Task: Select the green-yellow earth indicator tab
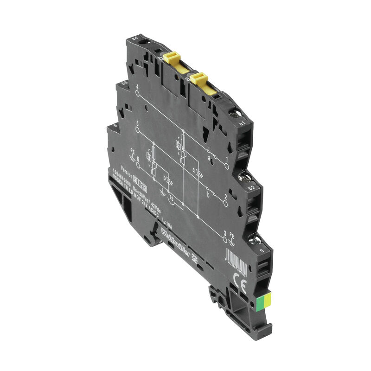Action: pyautogui.click(x=263, y=303)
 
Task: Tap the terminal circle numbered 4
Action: pyautogui.click(x=137, y=93)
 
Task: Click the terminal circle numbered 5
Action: pyautogui.click(x=138, y=130)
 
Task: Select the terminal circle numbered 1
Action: pyautogui.click(x=227, y=166)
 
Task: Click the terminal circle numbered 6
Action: pyautogui.click(x=138, y=166)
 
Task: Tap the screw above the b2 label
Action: pyautogui.click(x=242, y=176)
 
